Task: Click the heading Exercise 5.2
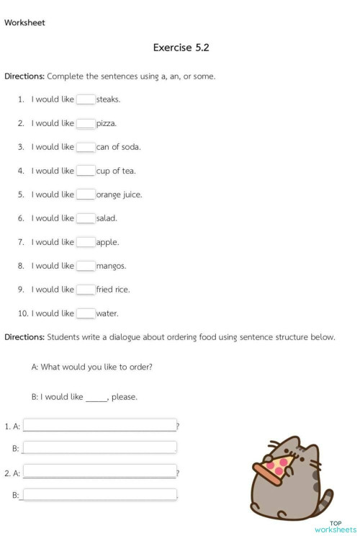pyautogui.click(x=181, y=48)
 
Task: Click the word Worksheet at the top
pyautogui.click(x=24, y=22)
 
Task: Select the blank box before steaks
pyautogui.click(x=86, y=99)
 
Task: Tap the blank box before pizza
pyautogui.click(x=86, y=123)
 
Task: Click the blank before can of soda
pyautogui.click(x=86, y=147)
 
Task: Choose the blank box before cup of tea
pyautogui.click(x=86, y=171)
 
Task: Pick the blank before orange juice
pyautogui.click(x=86, y=195)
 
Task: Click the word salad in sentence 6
pyautogui.click(x=107, y=218)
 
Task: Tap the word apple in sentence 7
pyautogui.click(x=107, y=242)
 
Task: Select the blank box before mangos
pyautogui.click(x=86, y=266)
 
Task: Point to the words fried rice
pyautogui.click(x=112, y=290)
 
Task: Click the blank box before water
pyautogui.click(x=86, y=313)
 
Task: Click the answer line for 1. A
pyautogui.click(x=100, y=425)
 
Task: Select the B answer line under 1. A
pyautogui.click(x=100, y=448)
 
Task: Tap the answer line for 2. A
pyautogui.click(x=100, y=472)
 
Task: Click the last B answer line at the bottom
pyautogui.click(x=100, y=495)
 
